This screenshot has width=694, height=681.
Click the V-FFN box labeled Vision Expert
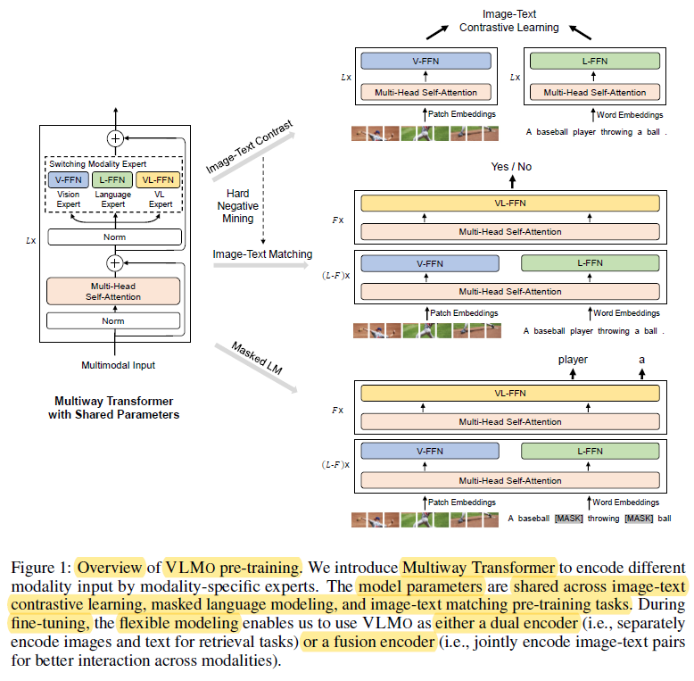tap(68, 180)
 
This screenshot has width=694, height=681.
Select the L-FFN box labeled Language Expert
tap(112, 180)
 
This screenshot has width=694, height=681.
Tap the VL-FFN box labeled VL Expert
tap(158, 180)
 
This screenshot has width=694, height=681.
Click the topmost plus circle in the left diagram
tap(114, 138)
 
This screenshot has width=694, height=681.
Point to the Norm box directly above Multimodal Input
tap(113, 320)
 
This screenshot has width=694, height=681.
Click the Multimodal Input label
tap(113, 365)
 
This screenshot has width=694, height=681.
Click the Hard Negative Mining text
tap(237, 206)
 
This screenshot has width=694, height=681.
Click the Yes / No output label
tap(512, 167)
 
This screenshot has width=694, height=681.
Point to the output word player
tap(574, 360)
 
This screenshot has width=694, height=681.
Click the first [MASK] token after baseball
tap(568, 519)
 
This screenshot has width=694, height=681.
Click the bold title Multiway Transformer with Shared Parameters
tap(113, 408)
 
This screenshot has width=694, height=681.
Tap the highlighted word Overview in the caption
tap(110, 567)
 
